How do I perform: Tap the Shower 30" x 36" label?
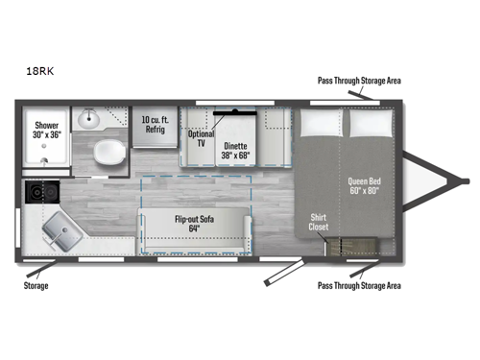(49, 132)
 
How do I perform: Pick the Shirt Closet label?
(319, 223)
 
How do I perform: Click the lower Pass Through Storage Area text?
(358, 285)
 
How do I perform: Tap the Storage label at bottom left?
(36, 285)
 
